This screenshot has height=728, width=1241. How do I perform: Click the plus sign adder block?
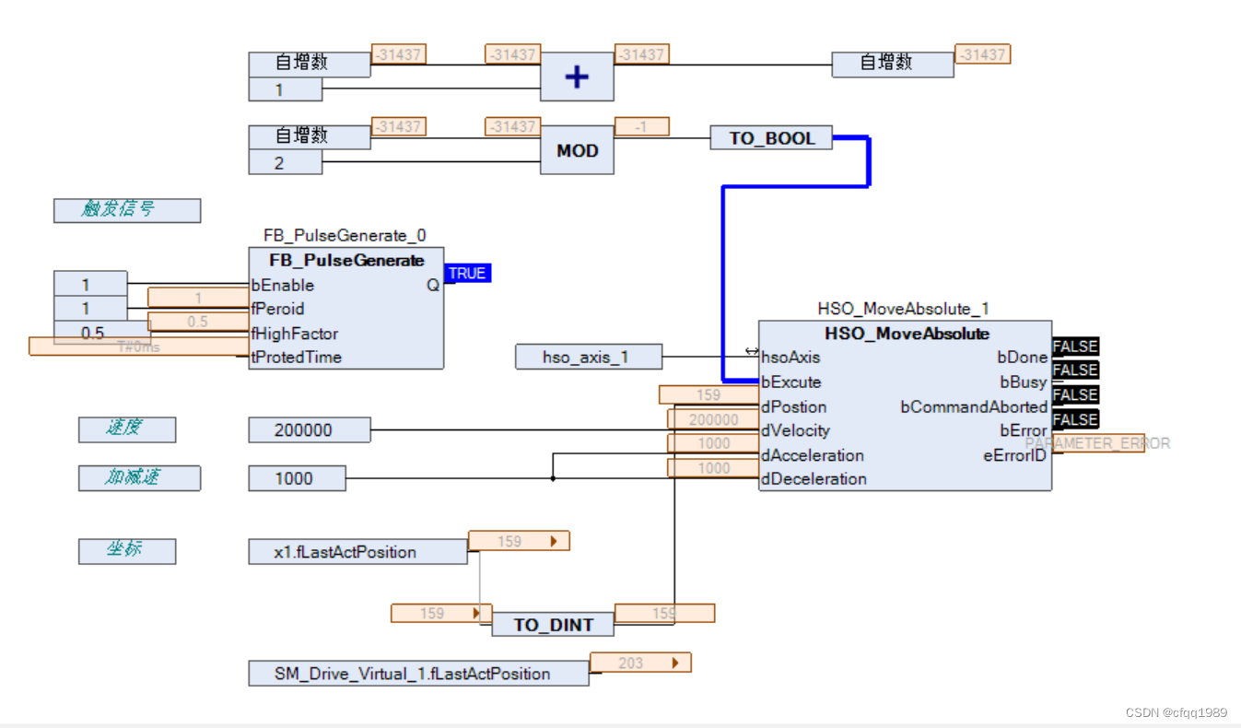577,76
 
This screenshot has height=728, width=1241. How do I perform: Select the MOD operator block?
577,150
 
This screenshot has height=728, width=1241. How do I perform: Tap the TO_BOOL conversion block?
771,138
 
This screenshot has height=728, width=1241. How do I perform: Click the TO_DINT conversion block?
553,625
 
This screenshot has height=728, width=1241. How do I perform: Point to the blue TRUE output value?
467,274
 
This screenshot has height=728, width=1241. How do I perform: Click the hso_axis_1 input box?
589,357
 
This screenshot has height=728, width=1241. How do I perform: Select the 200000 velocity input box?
309,430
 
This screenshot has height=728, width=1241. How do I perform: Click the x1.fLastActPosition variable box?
357,552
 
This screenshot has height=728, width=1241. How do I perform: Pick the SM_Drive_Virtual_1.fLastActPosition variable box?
418,674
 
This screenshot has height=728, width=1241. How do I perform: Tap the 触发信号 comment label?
127,210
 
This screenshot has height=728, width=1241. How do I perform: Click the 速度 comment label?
127,429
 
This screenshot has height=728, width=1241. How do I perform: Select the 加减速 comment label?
139,478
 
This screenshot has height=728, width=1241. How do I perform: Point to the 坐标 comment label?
127,551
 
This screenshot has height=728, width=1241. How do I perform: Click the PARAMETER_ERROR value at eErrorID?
1098,443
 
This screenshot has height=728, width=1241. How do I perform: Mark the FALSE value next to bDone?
1075,346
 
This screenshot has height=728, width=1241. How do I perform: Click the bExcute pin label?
791,382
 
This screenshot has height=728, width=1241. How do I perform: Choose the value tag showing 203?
639,663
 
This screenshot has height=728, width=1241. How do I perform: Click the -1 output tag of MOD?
641,127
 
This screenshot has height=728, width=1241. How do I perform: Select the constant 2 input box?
286,162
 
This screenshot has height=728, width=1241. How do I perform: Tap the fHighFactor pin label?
295,334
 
